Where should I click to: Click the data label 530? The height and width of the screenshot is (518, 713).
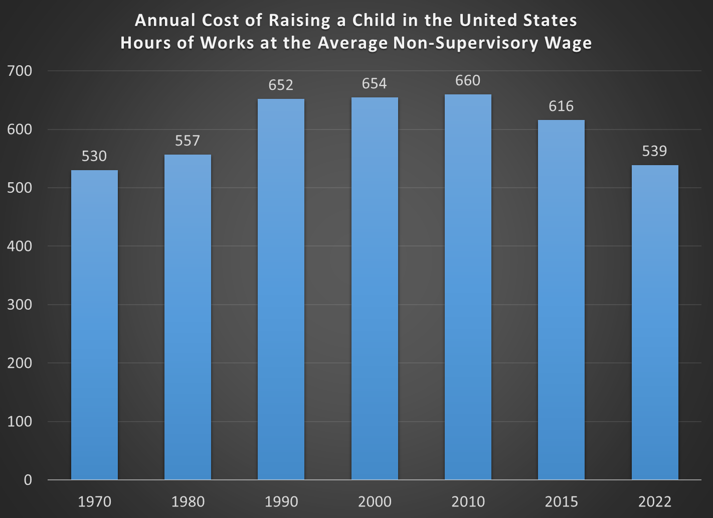click(94, 157)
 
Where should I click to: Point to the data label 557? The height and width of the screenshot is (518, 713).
click(188, 141)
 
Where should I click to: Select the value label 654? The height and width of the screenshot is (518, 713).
click(375, 83)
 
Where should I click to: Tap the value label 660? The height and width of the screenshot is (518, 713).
click(468, 81)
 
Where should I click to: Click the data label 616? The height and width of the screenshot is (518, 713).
click(561, 106)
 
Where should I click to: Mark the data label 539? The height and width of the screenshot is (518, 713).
click(654, 151)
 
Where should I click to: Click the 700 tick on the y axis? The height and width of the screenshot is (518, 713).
click(20, 71)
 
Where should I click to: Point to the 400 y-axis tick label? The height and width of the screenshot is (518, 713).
click(20, 246)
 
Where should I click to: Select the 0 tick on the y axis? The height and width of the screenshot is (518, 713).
click(28, 480)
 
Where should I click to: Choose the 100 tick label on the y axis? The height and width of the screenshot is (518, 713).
click(20, 422)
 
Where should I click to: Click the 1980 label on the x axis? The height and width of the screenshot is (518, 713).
click(188, 502)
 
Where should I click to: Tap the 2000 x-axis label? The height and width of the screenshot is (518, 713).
click(375, 502)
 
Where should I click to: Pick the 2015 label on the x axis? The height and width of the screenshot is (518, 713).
click(561, 502)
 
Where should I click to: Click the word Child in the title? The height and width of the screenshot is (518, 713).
click(374, 21)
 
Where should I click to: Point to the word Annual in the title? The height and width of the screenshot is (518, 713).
click(165, 21)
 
